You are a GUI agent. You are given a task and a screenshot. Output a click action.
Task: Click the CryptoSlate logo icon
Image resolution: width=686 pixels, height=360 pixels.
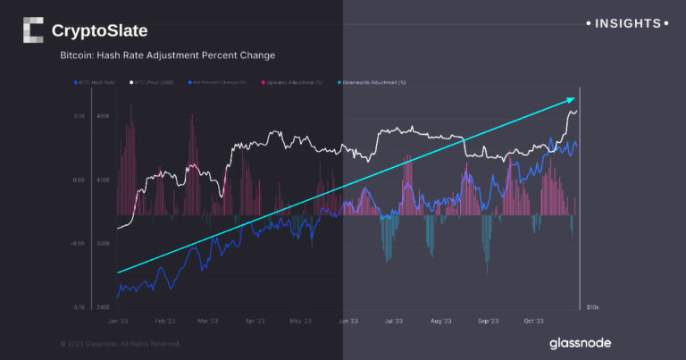pos(32,30)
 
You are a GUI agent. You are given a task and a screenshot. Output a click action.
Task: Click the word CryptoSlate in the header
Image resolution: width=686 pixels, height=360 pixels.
pos(99,31)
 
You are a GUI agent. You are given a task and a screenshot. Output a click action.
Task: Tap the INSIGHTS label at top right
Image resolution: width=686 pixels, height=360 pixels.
pos(626,23)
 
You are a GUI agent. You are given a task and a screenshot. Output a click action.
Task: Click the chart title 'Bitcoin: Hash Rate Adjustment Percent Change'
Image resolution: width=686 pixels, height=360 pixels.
pos(167,55)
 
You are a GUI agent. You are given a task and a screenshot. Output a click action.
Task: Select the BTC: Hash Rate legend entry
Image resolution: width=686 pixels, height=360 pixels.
pos(97,83)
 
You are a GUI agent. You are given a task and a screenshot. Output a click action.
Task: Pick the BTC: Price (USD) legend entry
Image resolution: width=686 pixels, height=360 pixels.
pos(154,83)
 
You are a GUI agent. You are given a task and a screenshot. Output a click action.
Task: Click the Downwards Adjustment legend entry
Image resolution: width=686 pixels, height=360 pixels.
pos(369,83)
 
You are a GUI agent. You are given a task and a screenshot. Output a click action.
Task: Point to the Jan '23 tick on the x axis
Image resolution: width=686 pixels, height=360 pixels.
pos(118,320)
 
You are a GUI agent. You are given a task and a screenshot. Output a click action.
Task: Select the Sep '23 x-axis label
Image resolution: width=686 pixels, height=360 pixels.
pos(488,320)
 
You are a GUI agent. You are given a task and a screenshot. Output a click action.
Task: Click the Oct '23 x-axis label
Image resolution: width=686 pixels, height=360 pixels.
pos(534,320)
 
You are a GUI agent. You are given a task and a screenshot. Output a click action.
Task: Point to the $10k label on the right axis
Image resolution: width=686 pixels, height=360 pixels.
pos(592,307)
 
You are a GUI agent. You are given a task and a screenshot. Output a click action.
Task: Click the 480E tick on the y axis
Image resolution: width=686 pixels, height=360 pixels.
pos(103,116)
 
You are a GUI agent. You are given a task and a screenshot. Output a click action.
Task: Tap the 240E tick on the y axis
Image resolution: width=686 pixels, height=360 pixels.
pos(103,306)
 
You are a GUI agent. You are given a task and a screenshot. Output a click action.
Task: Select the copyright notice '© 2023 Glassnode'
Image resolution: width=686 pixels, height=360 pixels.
pos(121,343)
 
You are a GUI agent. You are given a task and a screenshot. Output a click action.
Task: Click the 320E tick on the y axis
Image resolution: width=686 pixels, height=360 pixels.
pos(103,243)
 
